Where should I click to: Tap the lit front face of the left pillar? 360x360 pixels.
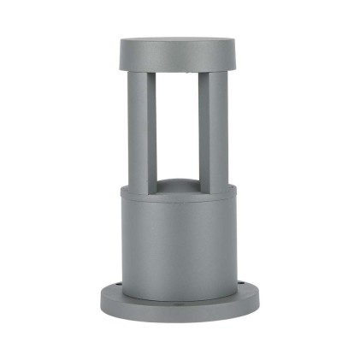[138, 128]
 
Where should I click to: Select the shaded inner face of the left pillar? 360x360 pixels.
[151, 128]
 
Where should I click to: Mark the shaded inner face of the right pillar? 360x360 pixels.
[204, 128]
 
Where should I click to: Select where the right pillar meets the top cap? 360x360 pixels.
[214, 73]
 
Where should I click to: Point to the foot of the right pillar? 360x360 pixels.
[215, 183]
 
